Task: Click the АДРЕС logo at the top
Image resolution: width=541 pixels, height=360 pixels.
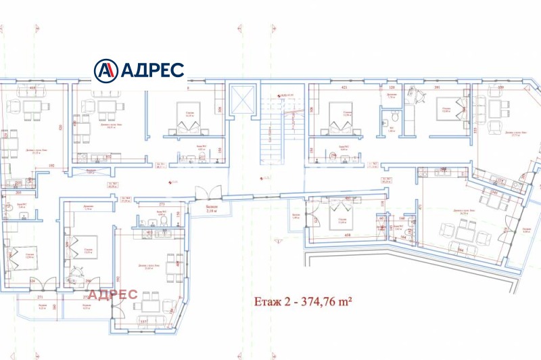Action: (x=139, y=70)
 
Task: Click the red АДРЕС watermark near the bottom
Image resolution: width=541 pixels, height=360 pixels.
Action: (x=112, y=294)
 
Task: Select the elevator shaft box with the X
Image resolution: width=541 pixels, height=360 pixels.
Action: (x=240, y=99)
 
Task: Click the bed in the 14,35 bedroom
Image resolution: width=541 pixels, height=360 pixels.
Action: (x=184, y=112)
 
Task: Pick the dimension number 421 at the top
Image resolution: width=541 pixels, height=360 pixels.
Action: (x=344, y=87)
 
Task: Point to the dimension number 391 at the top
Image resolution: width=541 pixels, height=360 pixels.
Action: (x=437, y=87)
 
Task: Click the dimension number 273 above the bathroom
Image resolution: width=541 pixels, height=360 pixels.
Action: (x=162, y=203)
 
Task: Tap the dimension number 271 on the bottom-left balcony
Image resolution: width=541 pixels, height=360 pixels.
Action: (x=41, y=296)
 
